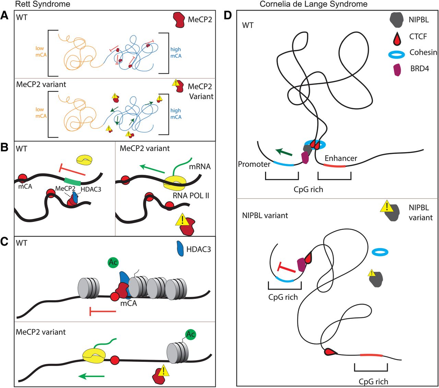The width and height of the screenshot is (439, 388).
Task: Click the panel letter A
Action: (x=4, y=15)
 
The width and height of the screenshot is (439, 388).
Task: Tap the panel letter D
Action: (x=228, y=15)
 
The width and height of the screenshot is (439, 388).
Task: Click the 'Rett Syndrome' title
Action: (x=43, y=4)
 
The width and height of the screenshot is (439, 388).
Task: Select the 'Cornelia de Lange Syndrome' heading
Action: (x=313, y=4)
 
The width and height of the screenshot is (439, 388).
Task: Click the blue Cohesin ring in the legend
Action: (x=398, y=54)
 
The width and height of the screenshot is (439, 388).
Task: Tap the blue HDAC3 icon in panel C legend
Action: (x=180, y=249)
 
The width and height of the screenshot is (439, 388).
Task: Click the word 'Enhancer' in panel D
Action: (x=341, y=158)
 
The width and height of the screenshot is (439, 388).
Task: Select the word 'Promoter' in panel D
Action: (x=254, y=164)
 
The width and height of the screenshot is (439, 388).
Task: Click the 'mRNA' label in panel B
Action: (x=200, y=167)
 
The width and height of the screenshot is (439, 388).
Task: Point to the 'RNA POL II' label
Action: (x=191, y=196)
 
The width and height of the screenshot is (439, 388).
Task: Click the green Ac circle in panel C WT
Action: (x=113, y=263)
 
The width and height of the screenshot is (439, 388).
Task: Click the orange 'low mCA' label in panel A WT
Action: (x=40, y=51)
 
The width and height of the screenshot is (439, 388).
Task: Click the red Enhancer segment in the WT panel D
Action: (x=334, y=166)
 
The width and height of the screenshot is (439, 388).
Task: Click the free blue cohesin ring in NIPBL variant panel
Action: (x=380, y=253)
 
